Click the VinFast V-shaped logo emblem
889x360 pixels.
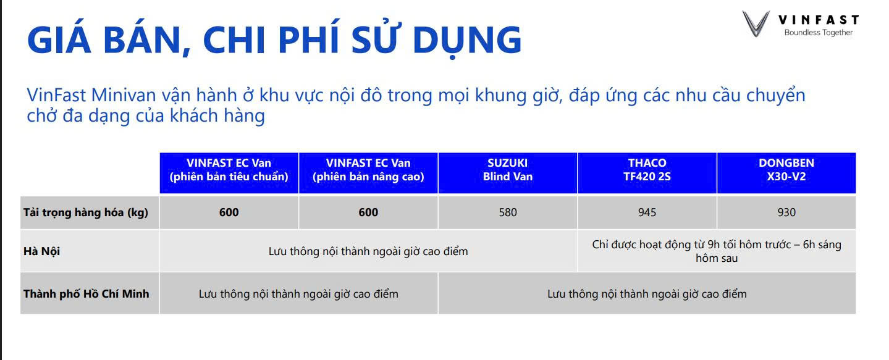(x=756, y=24)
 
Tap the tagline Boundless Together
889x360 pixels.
(x=818, y=33)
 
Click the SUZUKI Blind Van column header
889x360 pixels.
(x=508, y=170)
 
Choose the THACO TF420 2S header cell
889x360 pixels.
(x=647, y=170)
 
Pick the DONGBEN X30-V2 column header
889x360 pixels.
(x=786, y=170)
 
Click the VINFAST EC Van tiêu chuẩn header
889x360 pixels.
(x=229, y=170)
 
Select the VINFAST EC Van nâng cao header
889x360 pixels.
(x=368, y=170)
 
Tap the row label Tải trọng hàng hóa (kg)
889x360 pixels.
(x=86, y=212)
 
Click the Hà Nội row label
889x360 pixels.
(x=42, y=251)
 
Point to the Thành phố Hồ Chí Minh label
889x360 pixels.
(x=86, y=294)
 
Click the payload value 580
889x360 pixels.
(x=508, y=212)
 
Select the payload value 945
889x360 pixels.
(x=647, y=212)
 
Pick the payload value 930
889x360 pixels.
(x=786, y=212)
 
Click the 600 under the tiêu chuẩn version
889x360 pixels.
(x=229, y=212)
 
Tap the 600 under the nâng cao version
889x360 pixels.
(x=368, y=212)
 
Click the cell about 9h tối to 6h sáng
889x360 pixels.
(x=717, y=251)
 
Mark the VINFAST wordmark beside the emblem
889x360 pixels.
(x=818, y=20)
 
